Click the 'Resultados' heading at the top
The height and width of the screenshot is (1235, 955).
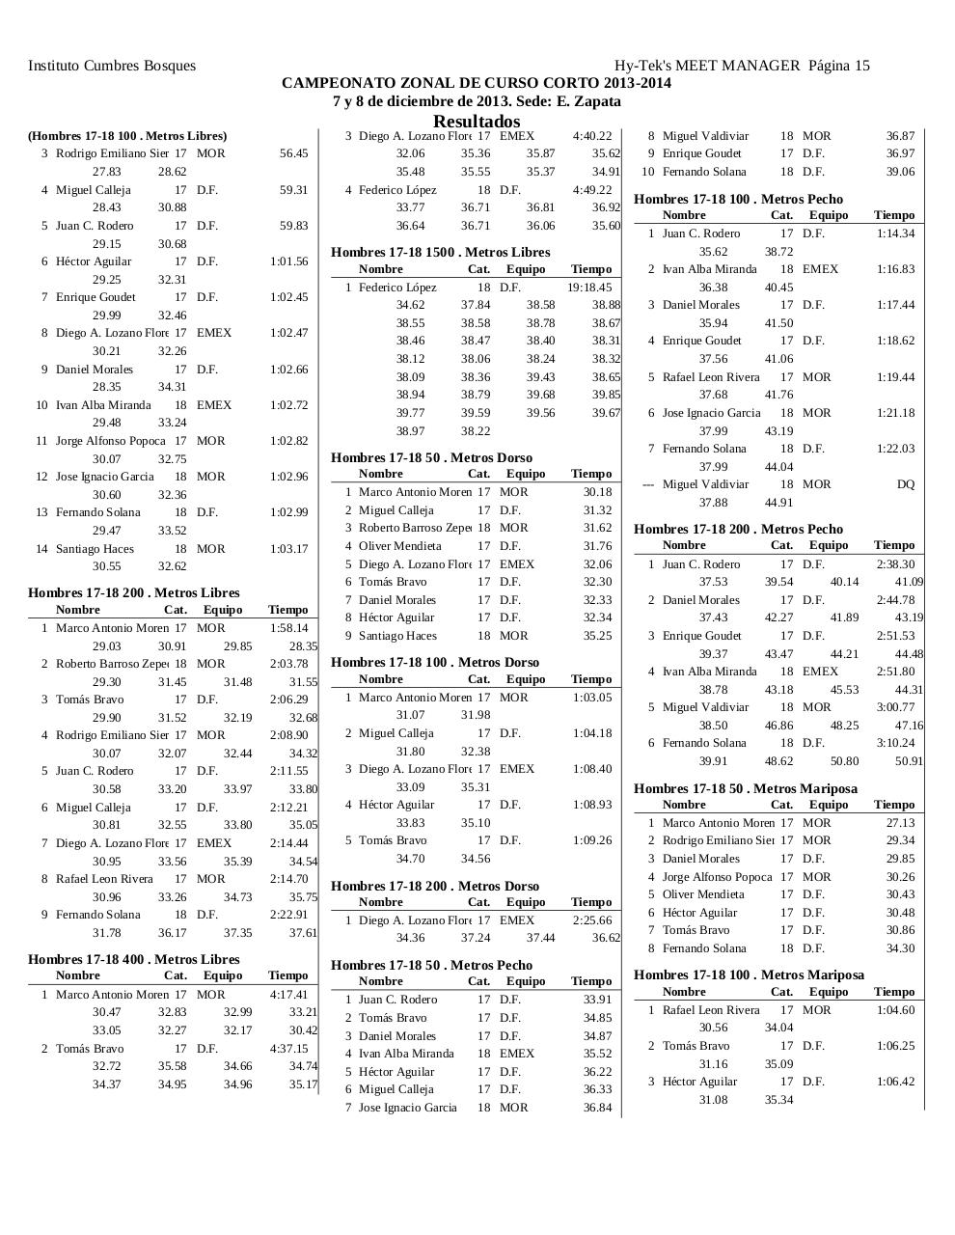(477, 122)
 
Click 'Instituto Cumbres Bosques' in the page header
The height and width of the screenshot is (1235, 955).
(112, 66)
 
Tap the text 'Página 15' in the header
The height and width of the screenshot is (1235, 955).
(839, 66)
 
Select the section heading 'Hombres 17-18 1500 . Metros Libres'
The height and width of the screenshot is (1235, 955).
(440, 252)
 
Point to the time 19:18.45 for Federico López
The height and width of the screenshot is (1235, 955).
(589, 288)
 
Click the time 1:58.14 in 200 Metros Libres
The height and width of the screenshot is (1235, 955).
(289, 628)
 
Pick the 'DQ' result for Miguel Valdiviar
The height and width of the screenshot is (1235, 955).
(905, 484)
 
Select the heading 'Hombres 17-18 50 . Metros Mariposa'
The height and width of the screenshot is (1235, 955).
(745, 788)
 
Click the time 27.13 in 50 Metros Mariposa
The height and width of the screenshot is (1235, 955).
(900, 823)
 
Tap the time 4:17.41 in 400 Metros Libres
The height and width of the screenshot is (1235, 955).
(289, 995)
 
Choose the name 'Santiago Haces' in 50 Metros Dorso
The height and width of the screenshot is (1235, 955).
(397, 636)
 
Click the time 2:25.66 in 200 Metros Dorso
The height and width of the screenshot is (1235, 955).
(592, 920)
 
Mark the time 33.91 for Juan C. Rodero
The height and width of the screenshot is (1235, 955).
(597, 1000)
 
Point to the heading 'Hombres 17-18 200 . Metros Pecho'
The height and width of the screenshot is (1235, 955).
(738, 529)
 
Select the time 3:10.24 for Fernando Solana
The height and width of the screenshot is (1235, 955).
(895, 743)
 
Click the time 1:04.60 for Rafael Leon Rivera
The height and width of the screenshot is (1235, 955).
(895, 1010)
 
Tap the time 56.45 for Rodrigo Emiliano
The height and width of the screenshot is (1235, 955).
(293, 153)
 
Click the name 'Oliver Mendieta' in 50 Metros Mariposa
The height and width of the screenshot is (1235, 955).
(703, 894)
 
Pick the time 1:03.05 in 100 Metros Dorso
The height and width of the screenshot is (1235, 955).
(592, 698)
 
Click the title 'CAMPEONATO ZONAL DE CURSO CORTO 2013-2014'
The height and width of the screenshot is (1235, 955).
(477, 83)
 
